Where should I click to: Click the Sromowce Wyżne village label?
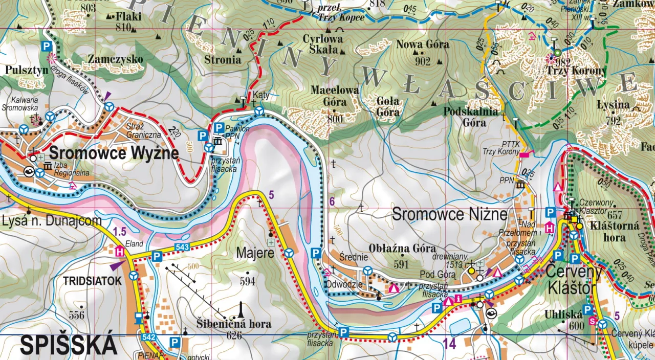click(x=114, y=153)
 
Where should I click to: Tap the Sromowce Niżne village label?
click(x=449, y=214)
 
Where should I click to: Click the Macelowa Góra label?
click(x=335, y=96)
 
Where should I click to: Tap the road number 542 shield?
click(x=148, y=337)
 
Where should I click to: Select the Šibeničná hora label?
click(x=234, y=324)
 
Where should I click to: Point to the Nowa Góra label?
click(x=423, y=44)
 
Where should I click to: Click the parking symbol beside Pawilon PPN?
click(x=219, y=128)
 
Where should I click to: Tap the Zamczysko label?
click(x=115, y=59)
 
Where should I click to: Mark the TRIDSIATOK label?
click(x=92, y=281)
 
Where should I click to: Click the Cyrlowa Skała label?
click(x=323, y=44)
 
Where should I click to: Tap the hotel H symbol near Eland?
click(x=120, y=252)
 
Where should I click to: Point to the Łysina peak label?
click(x=613, y=105)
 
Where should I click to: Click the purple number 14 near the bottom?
click(x=449, y=344)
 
